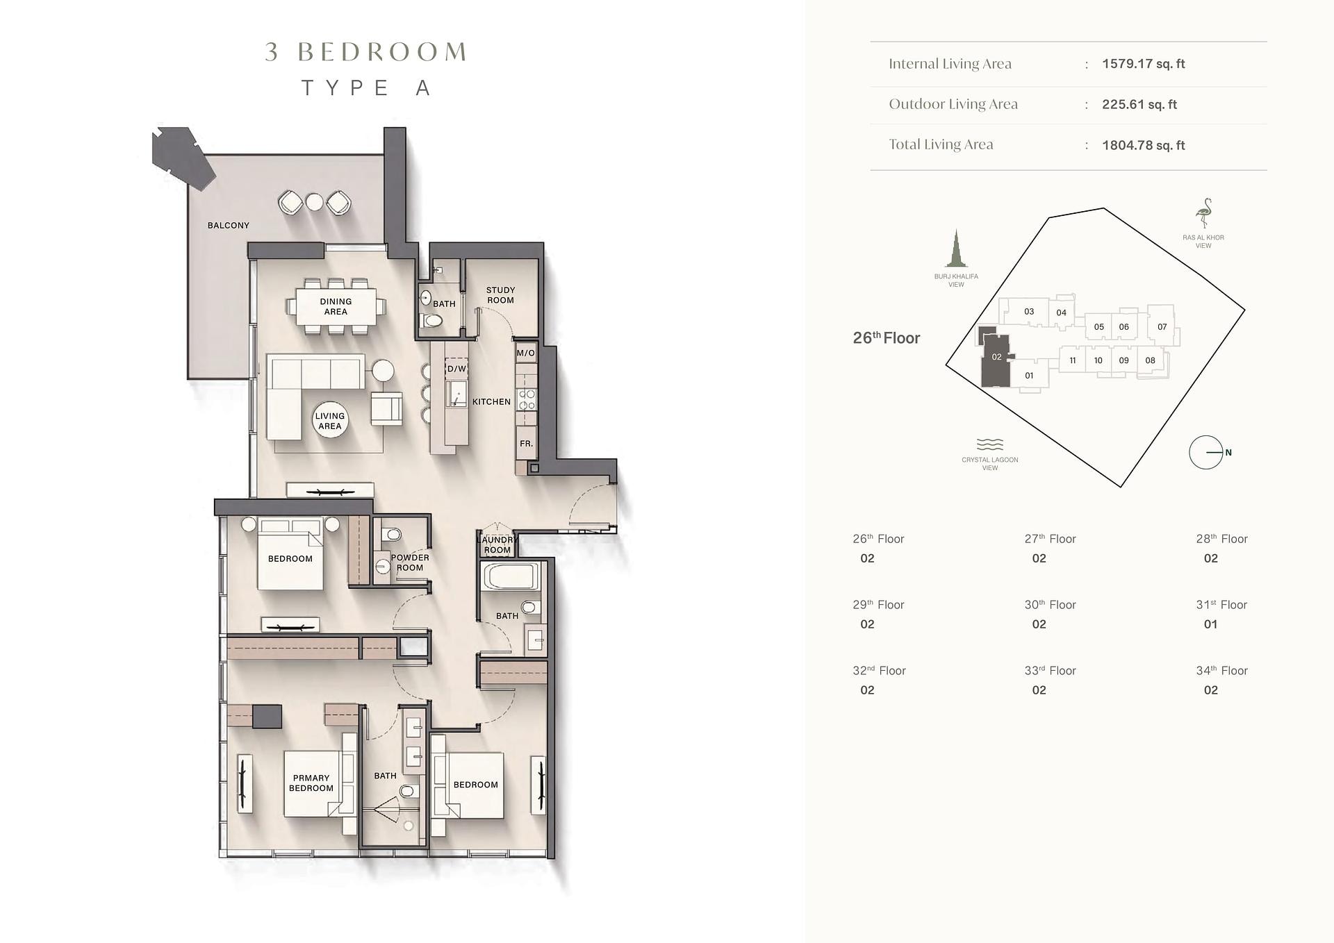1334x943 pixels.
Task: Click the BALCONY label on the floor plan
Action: (228, 225)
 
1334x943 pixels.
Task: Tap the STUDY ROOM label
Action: (500, 295)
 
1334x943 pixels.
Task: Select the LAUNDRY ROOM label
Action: (497, 544)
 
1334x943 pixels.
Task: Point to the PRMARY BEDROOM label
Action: (311, 783)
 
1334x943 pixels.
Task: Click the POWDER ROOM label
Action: (410, 562)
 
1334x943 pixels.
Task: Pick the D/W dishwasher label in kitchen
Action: (456, 369)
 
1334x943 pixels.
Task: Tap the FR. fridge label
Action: (526, 443)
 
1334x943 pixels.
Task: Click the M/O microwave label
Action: (525, 353)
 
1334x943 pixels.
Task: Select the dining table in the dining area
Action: (336, 306)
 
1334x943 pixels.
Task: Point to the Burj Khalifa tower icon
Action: (956, 249)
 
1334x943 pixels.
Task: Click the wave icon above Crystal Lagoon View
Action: (990, 444)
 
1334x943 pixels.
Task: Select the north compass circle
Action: (1205, 452)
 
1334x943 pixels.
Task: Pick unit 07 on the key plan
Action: (1162, 326)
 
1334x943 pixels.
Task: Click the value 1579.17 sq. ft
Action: (1143, 64)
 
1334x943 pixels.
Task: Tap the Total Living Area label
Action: (941, 144)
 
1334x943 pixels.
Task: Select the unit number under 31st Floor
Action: (1210, 624)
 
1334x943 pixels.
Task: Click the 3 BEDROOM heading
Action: (365, 52)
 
